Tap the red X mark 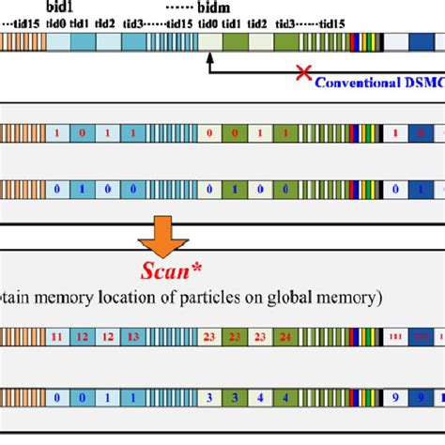click(x=303, y=72)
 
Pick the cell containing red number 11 click(x=57, y=335)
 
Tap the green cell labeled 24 click(x=285, y=335)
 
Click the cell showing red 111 click(x=395, y=335)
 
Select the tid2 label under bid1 click(x=105, y=22)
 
